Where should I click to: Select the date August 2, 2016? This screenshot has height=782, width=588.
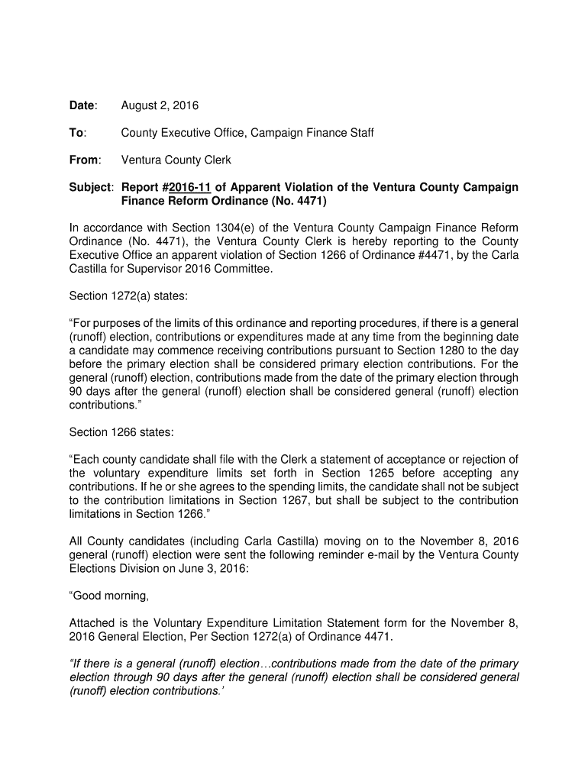pyautogui.click(x=160, y=105)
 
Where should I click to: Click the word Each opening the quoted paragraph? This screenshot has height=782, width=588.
pyautogui.click(x=89, y=459)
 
